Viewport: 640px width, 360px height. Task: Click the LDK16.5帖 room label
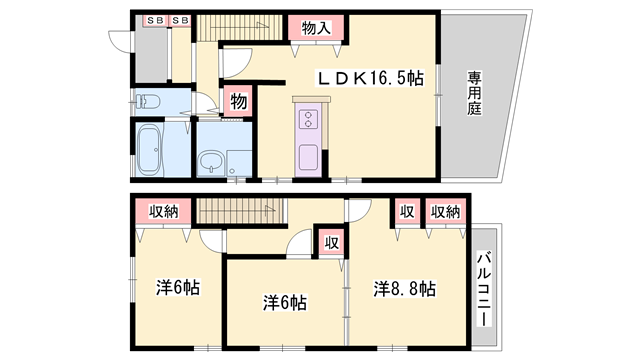point(371,78)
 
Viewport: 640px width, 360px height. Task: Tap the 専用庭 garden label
point(474,93)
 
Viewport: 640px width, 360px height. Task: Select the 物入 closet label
point(316,28)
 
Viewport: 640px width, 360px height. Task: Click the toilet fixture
point(147,101)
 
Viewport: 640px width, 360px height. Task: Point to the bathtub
point(149,149)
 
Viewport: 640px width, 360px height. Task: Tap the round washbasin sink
point(211,162)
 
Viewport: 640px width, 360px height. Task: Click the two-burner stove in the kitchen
point(309,119)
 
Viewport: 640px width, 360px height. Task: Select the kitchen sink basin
point(309,158)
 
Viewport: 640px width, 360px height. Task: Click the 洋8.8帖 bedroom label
point(404,289)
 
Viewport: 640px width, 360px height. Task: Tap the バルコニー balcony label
point(484,289)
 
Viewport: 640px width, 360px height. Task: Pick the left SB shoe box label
point(155,20)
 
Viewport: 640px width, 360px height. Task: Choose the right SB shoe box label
point(180,20)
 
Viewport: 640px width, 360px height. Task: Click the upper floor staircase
point(240,27)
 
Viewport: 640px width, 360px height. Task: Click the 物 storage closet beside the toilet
point(239,101)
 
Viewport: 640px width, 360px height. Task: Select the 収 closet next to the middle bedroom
point(331,243)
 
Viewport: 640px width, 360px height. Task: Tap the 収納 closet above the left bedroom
point(163,211)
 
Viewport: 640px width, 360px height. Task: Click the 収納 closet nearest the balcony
point(445,212)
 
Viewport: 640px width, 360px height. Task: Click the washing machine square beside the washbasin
point(239,163)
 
